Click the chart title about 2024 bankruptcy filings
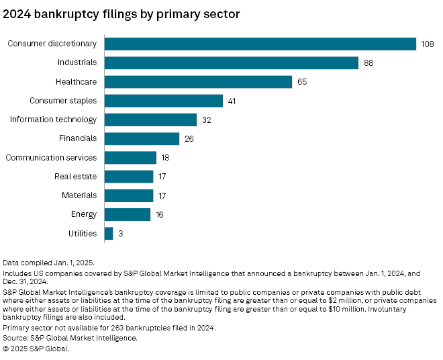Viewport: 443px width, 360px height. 121,13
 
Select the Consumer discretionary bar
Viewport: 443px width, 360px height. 260,44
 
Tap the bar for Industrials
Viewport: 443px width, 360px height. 232,62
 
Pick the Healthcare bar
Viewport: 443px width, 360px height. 198,82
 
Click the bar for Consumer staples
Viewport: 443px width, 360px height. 164,101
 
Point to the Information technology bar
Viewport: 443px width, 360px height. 150,120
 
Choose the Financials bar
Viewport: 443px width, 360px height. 142,138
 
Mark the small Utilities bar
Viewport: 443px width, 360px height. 109,234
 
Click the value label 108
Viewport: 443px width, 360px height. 428,44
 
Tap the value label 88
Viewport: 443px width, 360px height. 368,62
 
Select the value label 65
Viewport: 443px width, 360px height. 302,82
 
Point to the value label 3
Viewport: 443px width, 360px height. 119,234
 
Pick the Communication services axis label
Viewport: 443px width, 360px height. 51,158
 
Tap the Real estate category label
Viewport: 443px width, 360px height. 75,177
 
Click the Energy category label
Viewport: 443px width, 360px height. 83,215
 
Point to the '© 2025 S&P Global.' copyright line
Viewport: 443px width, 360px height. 36,349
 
